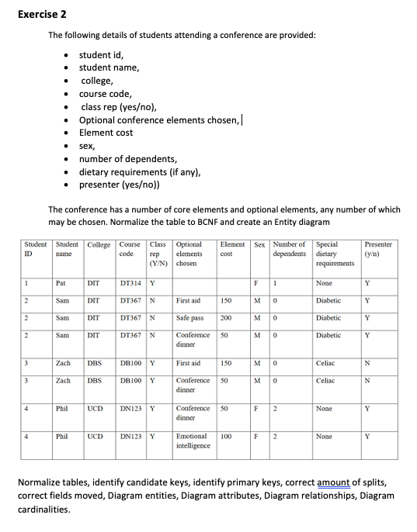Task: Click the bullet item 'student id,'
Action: click(x=101, y=54)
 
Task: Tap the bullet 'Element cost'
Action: click(x=106, y=133)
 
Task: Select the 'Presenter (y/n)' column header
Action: click(x=378, y=249)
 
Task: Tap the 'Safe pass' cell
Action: click(x=190, y=317)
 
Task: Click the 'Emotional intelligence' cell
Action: click(x=193, y=441)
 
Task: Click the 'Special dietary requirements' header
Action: click(x=335, y=254)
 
